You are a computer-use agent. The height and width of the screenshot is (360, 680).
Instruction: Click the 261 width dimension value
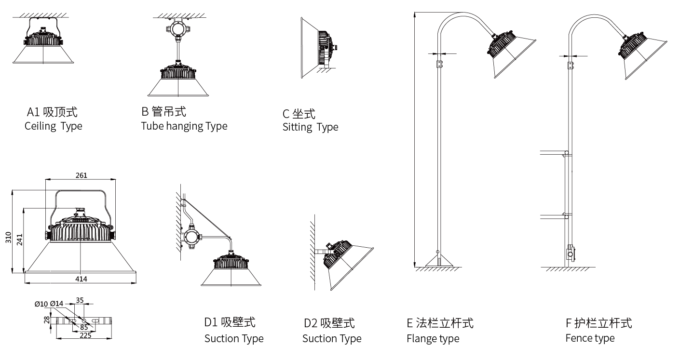pyautogui.click(x=81, y=175)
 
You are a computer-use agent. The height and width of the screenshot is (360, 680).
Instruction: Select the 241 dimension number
pyautogui.click(x=20, y=240)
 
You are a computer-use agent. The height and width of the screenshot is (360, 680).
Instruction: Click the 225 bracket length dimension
pyautogui.click(x=85, y=335)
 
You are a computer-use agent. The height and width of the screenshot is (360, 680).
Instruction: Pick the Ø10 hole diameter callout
pyautogui.click(x=41, y=304)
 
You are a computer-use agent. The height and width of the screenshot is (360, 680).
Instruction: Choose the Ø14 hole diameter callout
pyautogui.click(x=56, y=304)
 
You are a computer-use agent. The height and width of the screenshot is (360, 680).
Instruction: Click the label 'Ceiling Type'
pyautogui.click(x=53, y=126)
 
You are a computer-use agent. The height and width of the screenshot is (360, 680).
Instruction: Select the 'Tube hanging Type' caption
pyautogui.click(x=184, y=126)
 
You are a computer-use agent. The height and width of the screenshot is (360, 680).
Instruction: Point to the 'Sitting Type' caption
pyautogui.click(x=310, y=127)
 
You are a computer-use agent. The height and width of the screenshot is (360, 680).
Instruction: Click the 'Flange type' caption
pyautogui.click(x=433, y=339)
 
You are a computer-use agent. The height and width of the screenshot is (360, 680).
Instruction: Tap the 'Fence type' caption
pyautogui.click(x=590, y=338)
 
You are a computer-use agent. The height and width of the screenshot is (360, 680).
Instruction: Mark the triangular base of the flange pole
pyautogui.click(x=439, y=262)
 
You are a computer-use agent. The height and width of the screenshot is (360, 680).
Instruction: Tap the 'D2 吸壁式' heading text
pyautogui.click(x=329, y=323)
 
